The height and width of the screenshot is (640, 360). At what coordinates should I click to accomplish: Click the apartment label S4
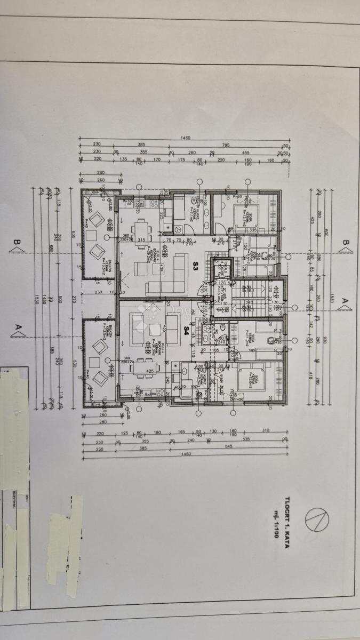(187, 328)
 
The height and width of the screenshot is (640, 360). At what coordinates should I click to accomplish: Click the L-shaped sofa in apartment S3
(171, 272)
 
